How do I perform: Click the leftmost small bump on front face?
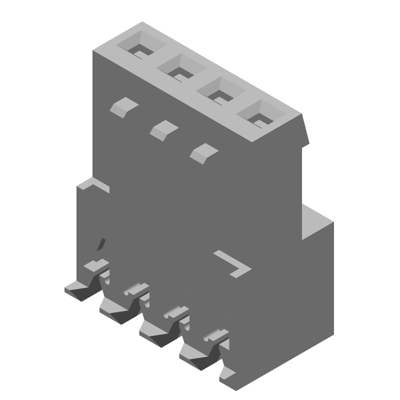[123, 107]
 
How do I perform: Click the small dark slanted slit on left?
[101, 244]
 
